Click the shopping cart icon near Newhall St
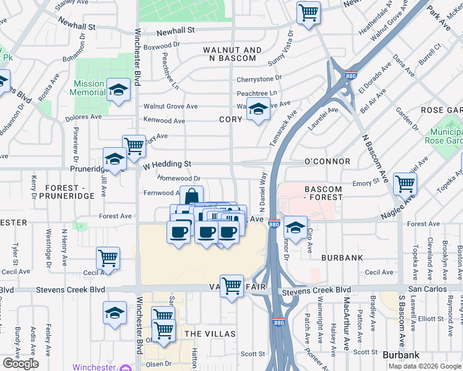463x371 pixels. (x=308, y=12)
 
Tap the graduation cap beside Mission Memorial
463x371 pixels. (x=118, y=90)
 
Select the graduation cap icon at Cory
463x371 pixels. (x=258, y=109)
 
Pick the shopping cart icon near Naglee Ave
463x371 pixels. (x=405, y=183)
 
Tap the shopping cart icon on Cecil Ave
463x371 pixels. (x=108, y=257)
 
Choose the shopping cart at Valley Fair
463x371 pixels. (x=231, y=286)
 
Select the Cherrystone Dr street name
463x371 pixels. (x=259, y=79)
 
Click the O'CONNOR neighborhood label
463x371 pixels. (x=327, y=161)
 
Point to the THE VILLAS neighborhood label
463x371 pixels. (x=210, y=334)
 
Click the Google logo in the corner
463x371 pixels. (x=21, y=364)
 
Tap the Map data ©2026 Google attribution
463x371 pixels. (x=424, y=366)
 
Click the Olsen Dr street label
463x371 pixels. (x=158, y=364)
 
